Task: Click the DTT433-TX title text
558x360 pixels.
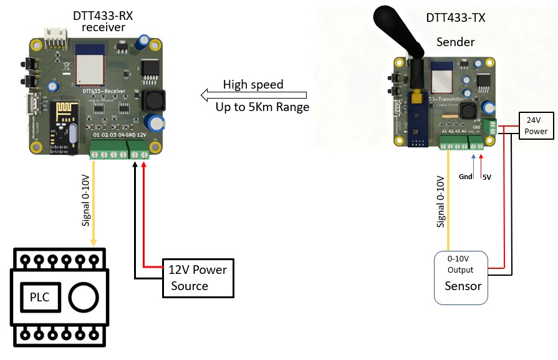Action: click(456, 18)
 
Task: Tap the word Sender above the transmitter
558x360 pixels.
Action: click(456, 42)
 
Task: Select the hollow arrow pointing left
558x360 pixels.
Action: click(253, 95)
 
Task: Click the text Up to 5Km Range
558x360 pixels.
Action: click(262, 107)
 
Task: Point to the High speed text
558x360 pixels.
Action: click(253, 84)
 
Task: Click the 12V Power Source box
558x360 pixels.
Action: click(198, 278)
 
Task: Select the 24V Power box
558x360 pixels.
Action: click(536, 126)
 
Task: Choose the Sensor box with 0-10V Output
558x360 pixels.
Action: click(461, 278)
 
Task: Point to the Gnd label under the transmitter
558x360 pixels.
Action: click(466, 177)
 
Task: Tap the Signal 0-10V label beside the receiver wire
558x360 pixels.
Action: click(85, 200)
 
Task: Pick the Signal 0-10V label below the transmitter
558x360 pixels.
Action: click(440, 200)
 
